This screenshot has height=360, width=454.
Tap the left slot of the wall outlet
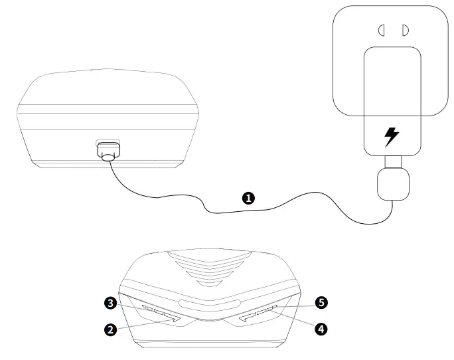(x=382, y=30)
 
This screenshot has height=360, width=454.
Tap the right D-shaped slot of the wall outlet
(x=404, y=30)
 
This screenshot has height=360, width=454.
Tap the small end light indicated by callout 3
(x=146, y=307)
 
